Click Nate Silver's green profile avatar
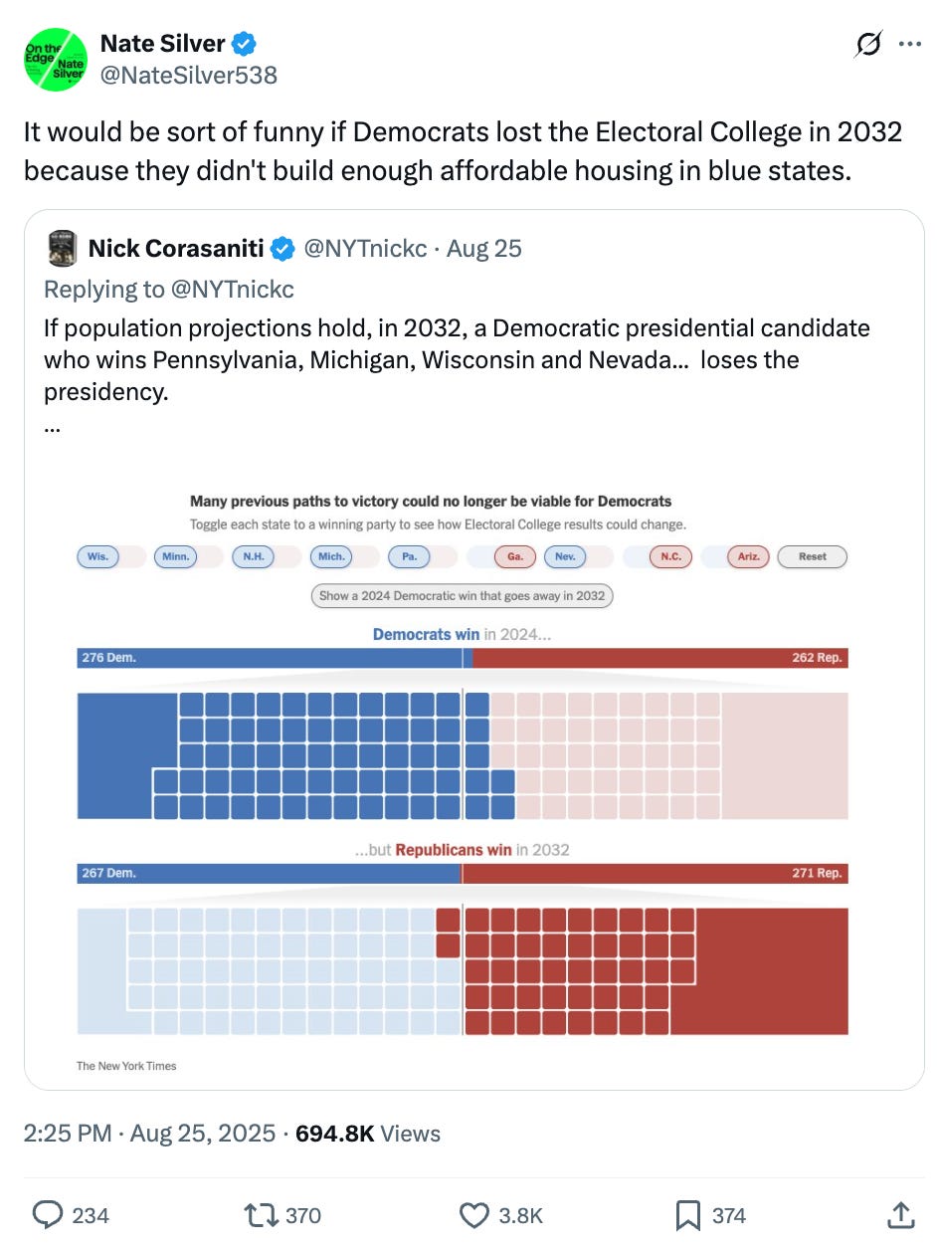pyautogui.click(x=56, y=60)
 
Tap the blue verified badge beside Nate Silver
pyautogui.click(x=245, y=45)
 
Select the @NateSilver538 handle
pyautogui.click(x=189, y=75)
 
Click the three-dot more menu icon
pyautogui.click(x=909, y=45)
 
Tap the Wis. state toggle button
pyautogui.click(x=97, y=557)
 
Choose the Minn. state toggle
pyautogui.click(x=175, y=557)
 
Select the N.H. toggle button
pyautogui.click(x=253, y=557)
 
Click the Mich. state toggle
pyautogui.click(x=331, y=557)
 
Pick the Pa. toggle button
pyautogui.click(x=409, y=557)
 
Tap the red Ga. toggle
pyautogui.click(x=515, y=557)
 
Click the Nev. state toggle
pyautogui.click(x=565, y=557)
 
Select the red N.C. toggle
pyautogui.click(x=671, y=557)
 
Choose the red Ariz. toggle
pyautogui.click(x=749, y=557)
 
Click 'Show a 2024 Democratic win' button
pyautogui.click(x=462, y=596)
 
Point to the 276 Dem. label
pyautogui.click(x=109, y=658)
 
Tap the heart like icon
pyautogui.click(x=474, y=1215)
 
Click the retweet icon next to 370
pyautogui.click(x=261, y=1215)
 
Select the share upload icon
pyautogui.click(x=899, y=1215)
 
